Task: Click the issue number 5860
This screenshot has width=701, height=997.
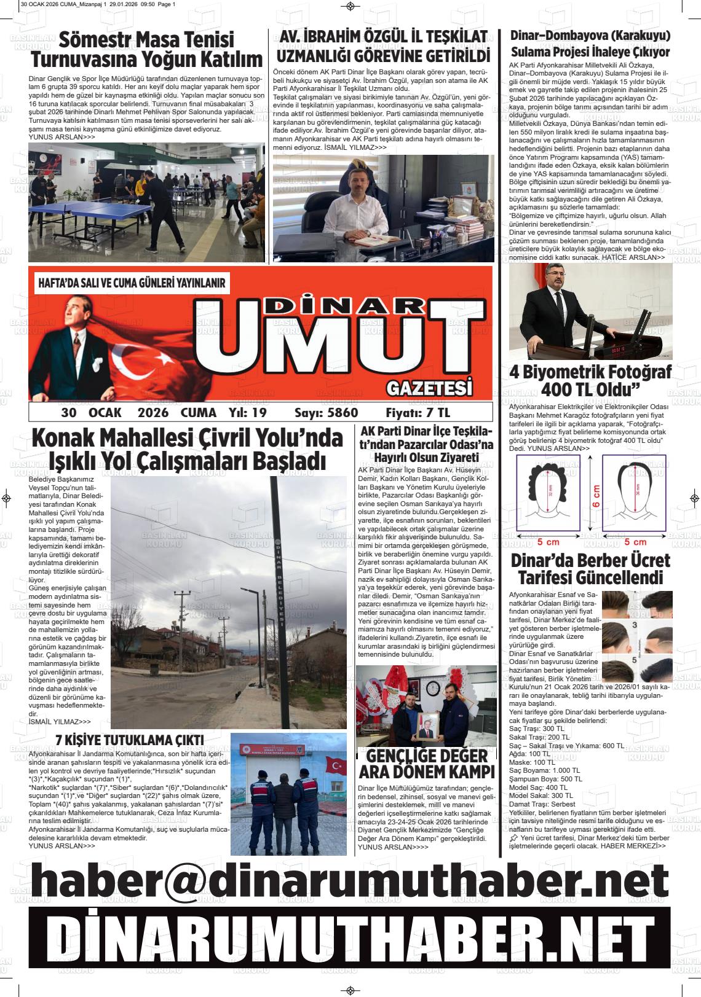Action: tap(335, 412)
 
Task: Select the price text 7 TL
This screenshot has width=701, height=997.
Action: tap(436, 412)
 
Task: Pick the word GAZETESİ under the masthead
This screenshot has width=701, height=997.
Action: tap(430, 389)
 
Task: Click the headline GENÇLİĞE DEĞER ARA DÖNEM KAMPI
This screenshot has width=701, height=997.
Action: tap(427, 764)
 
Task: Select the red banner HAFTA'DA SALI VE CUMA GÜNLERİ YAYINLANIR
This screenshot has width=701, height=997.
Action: tap(132, 283)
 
